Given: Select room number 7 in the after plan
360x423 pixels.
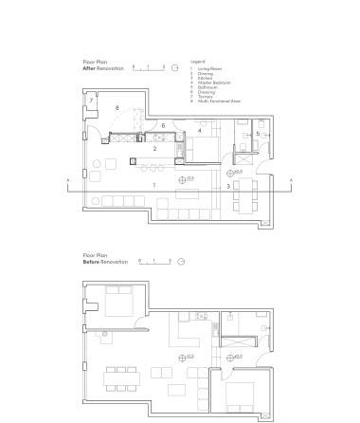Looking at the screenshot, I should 91,100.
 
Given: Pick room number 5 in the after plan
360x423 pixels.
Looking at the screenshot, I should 257,134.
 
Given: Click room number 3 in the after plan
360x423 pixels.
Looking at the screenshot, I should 227,187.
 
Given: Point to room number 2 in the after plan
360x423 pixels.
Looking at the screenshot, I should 153,149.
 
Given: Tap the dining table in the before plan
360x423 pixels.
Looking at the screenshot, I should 122,376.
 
